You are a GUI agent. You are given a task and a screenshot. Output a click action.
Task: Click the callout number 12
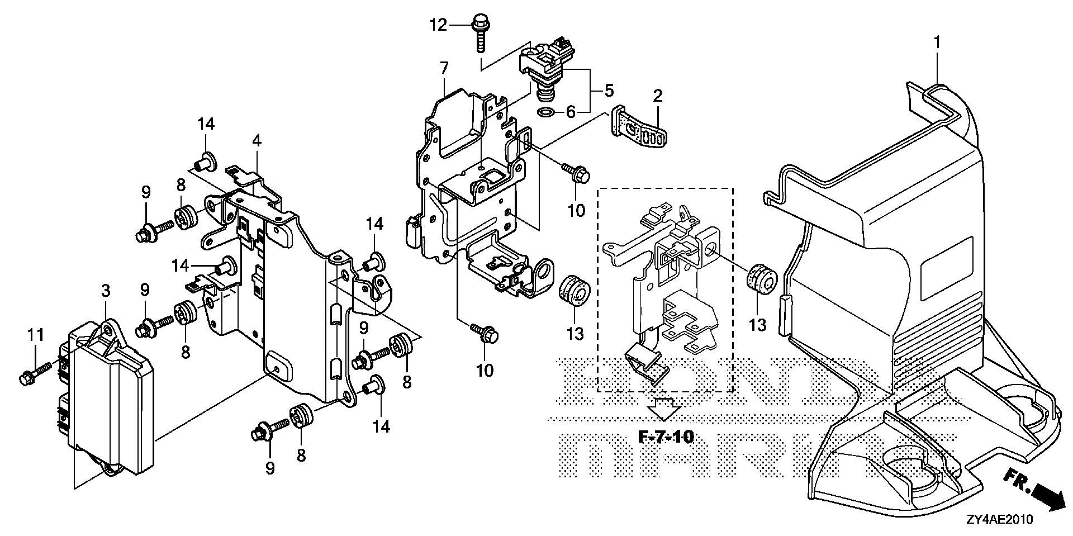[439, 25]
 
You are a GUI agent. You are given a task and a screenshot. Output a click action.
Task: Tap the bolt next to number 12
[478, 33]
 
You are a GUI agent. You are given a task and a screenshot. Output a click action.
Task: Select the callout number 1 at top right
[937, 42]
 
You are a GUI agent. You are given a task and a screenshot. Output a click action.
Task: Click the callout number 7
[444, 69]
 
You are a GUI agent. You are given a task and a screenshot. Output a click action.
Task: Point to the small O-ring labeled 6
[547, 112]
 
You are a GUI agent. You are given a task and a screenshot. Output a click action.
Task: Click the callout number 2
[657, 96]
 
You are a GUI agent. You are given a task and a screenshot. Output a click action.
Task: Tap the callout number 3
[106, 291]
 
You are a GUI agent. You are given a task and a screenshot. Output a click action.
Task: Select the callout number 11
[36, 335]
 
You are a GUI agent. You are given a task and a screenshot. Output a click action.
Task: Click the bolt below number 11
[35, 373]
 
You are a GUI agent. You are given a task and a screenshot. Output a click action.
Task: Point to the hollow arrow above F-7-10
[663, 409]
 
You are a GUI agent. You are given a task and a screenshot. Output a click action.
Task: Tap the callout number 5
[608, 89]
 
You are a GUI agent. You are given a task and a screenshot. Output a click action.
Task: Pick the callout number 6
[570, 112]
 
